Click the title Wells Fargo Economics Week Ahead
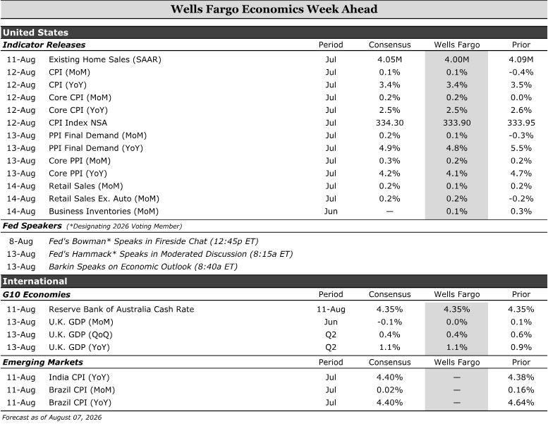[x=274, y=9]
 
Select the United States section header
[x=35, y=32]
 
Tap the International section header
[x=35, y=281]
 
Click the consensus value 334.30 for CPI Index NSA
[x=390, y=123]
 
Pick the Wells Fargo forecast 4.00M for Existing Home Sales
[x=457, y=59]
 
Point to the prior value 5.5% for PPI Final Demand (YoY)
[x=521, y=148]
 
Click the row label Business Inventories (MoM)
[x=104, y=212]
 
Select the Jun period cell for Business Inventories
[x=331, y=212]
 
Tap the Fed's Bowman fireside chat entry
[x=154, y=241]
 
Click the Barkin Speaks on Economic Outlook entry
[x=143, y=267]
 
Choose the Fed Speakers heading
[x=32, y=226]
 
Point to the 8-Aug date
[x=21, y=241]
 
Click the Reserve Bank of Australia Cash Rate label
[x=121, y=309]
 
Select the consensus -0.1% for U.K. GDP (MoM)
[x=390, y=322]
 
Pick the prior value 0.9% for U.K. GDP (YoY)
[x=521, y=347]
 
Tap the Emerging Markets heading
[x=42, y=362]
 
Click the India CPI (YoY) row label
[x=79, y=377]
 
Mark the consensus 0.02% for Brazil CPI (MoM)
[x=390, y=390]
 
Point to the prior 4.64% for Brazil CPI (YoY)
[x=521, y=403]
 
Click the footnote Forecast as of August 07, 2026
[x=51, y=418]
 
